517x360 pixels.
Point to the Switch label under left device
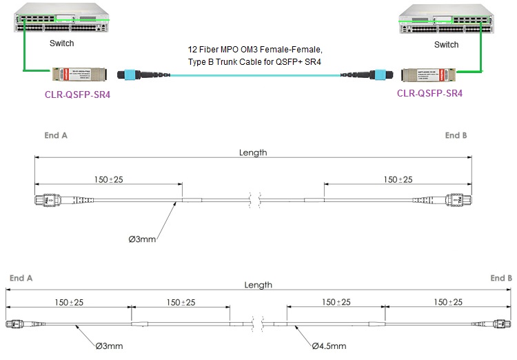(61, 43)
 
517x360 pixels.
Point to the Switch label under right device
(446, 44)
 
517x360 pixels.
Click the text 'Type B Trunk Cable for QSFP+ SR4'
(255, 62)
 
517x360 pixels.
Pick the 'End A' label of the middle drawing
(56, 136)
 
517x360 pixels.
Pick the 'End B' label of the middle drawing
(456, 136)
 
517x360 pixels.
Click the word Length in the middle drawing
(253, 152)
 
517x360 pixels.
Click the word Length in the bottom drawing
(258, 285)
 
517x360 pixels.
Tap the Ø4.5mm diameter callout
(329, 346)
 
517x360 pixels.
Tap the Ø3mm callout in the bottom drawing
(110, 346)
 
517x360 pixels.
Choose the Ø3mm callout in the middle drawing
(143, 239)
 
